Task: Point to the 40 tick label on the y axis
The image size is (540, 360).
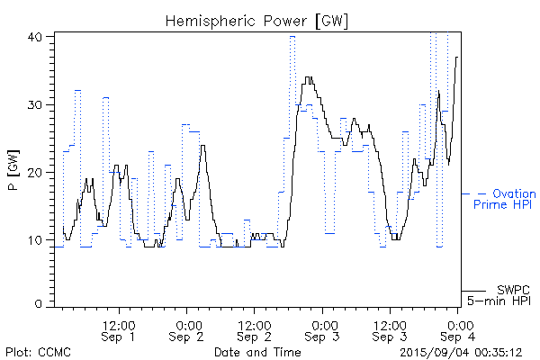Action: (35, 37)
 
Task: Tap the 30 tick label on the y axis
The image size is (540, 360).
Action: (35, 104)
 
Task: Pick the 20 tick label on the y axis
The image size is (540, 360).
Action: (35, 172)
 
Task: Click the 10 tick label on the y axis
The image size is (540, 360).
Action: (35, 239)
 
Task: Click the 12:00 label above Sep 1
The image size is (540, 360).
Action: (119, 324)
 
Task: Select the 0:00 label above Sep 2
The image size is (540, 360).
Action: (187, 324)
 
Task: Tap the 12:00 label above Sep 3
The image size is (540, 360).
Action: (390, 324)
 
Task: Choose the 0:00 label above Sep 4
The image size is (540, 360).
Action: (459, 324)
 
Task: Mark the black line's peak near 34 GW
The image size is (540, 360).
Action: (309, 77)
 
